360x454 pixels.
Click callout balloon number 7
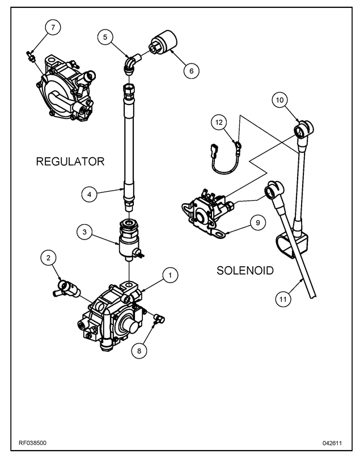point(53,27)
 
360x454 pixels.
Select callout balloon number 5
point(105,37)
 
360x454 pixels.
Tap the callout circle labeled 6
point(192,70)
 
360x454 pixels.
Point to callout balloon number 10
point(279,100)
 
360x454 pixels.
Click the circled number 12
point(219,123)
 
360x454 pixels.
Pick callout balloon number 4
point(90,194)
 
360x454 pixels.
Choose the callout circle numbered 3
point(84,232)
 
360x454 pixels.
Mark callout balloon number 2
point(49,258)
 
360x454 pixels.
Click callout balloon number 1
point(170,275)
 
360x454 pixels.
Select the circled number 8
point(139,351)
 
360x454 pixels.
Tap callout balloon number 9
point(258,222)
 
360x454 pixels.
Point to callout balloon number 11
point(283,299)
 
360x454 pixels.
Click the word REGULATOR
point(70,162)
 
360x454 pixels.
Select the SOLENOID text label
point(245,271)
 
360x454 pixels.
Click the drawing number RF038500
point(32,443)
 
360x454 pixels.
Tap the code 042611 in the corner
point(332,443)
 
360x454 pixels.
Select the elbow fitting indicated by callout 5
point(132,62)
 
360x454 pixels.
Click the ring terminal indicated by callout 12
point(238,144)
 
